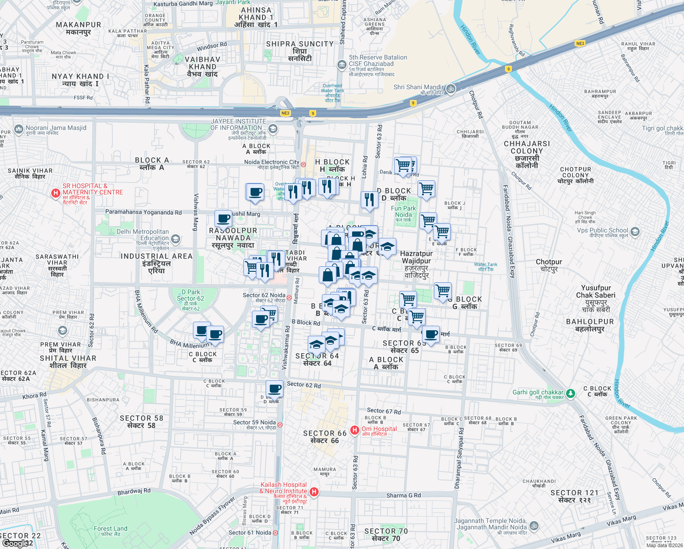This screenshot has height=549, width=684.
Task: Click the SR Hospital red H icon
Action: coord(55,193)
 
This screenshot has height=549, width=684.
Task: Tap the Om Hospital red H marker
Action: coord(354,430)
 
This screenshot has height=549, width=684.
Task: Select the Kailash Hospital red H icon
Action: coord(314,492)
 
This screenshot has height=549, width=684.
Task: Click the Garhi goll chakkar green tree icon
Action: coord(570,393)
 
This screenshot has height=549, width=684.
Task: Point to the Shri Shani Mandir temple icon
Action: coord(451,89)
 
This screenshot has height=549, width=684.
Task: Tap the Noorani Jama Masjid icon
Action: coord(18,129)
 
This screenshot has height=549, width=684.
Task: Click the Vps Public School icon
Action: coord(635,232)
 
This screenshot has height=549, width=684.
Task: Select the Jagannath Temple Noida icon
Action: coord(534,526)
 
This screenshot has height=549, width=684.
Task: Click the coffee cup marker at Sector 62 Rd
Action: coord(275,389)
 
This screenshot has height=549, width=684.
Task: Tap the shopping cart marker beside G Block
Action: coord(443,291)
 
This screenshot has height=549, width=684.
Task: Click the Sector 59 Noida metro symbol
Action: coord(280,425)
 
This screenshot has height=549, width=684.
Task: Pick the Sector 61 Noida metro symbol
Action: coord(275,533)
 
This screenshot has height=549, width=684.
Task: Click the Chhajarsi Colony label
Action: coord(527,154)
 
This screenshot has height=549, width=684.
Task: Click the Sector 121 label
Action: coord(574,496)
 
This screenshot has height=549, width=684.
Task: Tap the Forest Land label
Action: coord(110,531)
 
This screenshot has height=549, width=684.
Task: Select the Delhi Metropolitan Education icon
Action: coord(175,239)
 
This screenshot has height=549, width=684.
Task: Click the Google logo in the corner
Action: coord(17,543)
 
